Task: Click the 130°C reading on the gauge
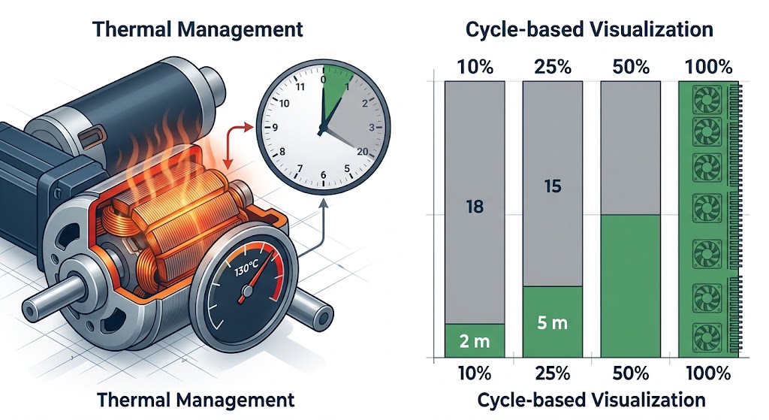pos(246,267)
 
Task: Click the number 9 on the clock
pos(275,128)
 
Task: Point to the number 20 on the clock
pos(362,152)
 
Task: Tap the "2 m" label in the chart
pos(475,341)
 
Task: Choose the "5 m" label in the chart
pos(552,322)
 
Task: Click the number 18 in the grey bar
pos(475,207)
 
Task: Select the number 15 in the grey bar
pos(553,186)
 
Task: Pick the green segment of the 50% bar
pos(630,286)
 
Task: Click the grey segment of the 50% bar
pos(630,148)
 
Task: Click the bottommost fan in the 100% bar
pos(707,338)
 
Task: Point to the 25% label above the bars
pos(553,67)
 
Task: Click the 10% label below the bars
pos(475,374)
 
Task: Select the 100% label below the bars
pos(708,374)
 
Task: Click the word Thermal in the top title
pos(131,29)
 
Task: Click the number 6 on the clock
pos(323,175)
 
